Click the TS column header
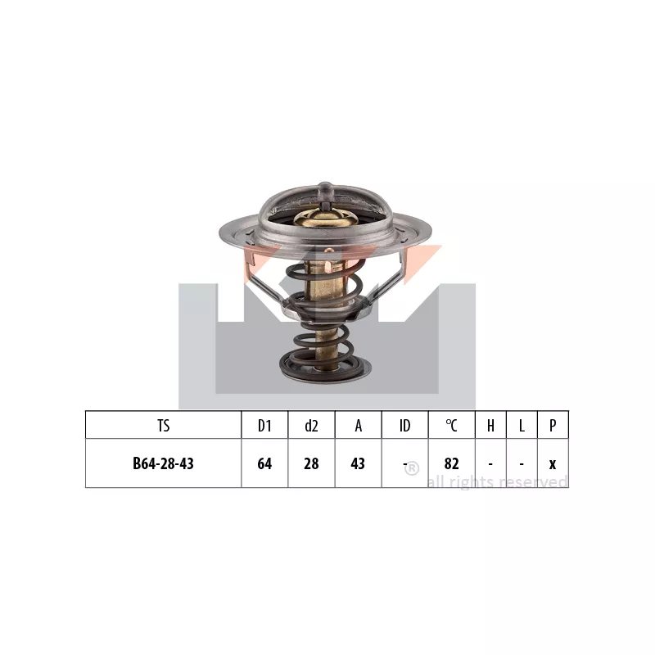coord(163,426)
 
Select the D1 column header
coord(264,426)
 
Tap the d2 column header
coord(311,426)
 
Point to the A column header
coord(358,426)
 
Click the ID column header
coord(404,426)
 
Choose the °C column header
coord(452,426)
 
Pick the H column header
coord(490,426)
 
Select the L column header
coord(522,426)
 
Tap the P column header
coord(553,426)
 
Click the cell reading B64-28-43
coord(163,463)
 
